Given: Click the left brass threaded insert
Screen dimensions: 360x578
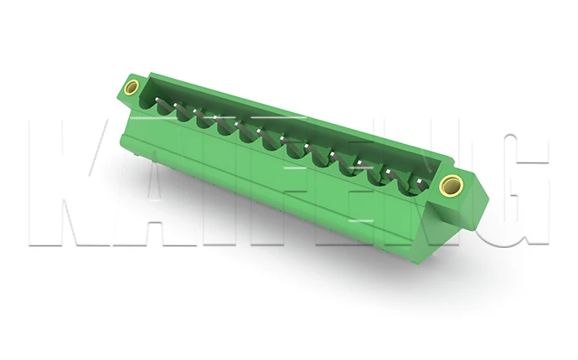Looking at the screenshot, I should (132, 86).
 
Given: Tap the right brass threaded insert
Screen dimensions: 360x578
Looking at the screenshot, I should (451, 185).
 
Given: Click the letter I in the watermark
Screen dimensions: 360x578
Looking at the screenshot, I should (197, 184).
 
